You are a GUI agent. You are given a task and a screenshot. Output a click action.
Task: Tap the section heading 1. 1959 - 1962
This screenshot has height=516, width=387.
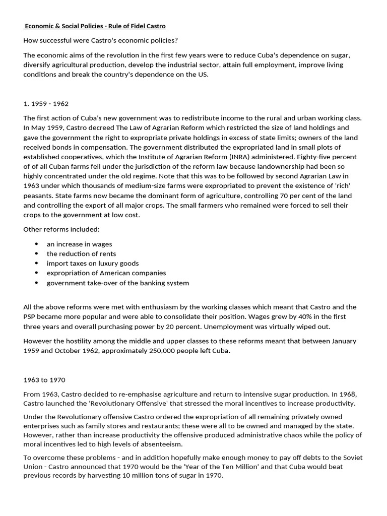pyautogui.click(x=46, y=104)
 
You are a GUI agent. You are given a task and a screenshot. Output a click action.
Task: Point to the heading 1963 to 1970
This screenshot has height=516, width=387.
pyautogui.click(x=44, y=379)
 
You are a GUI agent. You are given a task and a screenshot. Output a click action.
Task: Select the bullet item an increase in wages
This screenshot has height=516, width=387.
pyautogui.click(x=79, y=244)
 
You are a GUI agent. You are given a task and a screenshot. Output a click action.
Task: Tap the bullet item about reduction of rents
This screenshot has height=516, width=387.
pyautogui.click(x=81, y=253)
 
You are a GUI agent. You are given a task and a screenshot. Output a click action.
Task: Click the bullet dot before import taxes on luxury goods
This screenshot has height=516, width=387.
pyautogui.click(x=37, y=263)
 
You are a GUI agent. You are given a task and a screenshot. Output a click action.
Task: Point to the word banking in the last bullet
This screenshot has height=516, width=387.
pyautogui.click(x=146, y=283)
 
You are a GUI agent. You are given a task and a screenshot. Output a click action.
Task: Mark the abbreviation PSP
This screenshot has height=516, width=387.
pyautogui.click(x=30, y=316)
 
